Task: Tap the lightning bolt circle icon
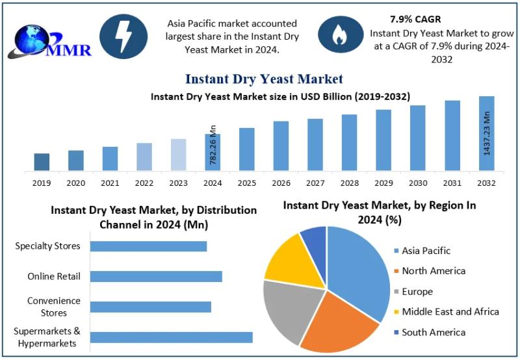click(x=123, y=38)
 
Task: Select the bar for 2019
click(x=42, y=162)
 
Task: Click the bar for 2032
click(x=486, y=133)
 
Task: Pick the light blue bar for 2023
click(x=178, y=155)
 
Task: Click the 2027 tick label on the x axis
click(x=315, y=183)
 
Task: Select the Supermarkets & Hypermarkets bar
click(x=171, y=337)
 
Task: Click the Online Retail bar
click(x=156, y=277)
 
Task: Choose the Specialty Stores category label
click(x=48, y=246)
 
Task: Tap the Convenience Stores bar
click(x=150, y=307)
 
